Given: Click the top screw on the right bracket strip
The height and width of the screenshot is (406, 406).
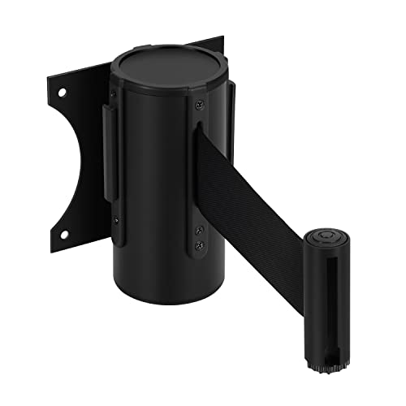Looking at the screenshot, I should (197, 103).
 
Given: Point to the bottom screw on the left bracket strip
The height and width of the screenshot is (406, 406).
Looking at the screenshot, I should (115, 218).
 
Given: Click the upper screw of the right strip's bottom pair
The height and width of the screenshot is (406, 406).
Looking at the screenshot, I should (197, 232).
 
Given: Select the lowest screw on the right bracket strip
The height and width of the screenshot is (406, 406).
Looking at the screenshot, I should (197, 244).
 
